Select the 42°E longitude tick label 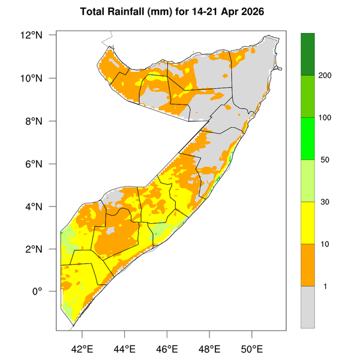pos(82,349)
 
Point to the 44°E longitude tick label pos(124,349)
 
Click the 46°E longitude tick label pos(167,349)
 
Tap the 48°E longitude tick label pos(209,349)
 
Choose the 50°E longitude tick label pos(252,349)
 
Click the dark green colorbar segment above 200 pos(308,54)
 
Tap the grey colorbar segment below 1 pos(308,307)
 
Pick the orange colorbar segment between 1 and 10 pos(308,265)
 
